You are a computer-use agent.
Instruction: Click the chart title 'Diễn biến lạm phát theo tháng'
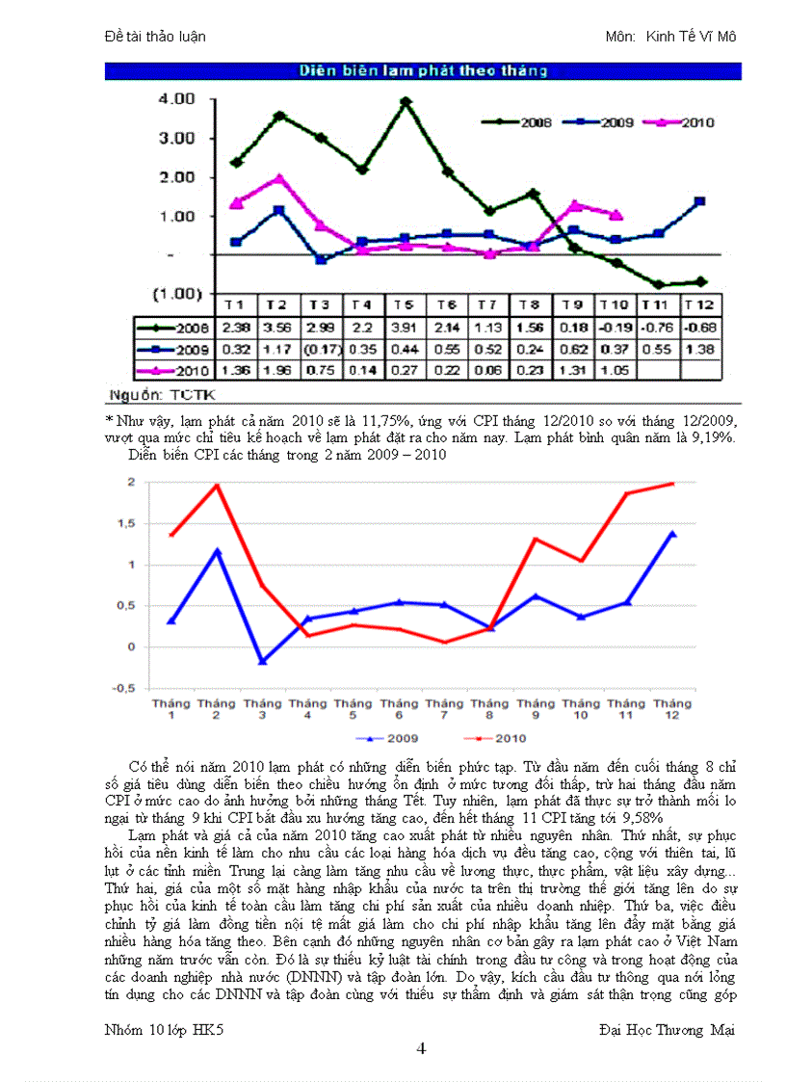pos(423,70)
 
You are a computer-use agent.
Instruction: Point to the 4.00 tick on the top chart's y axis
pos(175,98)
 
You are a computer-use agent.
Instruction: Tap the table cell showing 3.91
pos(405,328)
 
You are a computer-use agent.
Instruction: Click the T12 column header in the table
pos(699,303)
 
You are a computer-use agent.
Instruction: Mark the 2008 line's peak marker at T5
pos(406,101)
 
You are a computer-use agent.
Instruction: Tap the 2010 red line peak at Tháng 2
pos(217,486)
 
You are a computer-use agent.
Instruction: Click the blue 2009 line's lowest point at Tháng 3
pos(262,661)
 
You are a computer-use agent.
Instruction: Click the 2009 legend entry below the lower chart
pos(391,739)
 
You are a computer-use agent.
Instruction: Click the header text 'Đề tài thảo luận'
pos(154,37)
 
